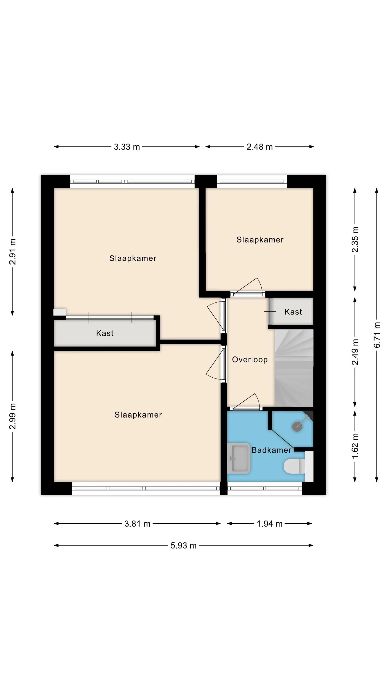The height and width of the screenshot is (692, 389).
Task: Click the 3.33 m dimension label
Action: pyautogui.click(x=127, y=147)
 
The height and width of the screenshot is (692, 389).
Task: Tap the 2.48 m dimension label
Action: pyautogui.click(x=259, y=147)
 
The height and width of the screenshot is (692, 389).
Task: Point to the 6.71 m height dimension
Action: pyautogui.click(x=377, y=335)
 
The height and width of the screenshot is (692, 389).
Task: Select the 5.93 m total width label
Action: pyautogui.click(x=184, y=546)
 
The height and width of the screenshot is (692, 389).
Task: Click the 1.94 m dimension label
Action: pyautogui.click(x=270, y=524)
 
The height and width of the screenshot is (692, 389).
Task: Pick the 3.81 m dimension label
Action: pyautogui.click(x=137, y=524)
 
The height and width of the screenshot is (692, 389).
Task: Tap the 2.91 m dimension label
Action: pyautogui.click(x=12, y=252)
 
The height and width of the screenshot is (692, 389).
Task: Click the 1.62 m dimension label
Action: pyautogui.click(x=355, y=446)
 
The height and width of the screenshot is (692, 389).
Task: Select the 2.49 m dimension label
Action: pyautogui.click(x=355, y=352)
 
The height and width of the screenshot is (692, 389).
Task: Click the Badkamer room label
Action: pyautogui.click(x=271, y=450)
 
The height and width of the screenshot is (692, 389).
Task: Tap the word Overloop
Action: pyautogui.click(x=250, y=360)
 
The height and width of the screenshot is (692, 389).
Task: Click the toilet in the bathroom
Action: pyautogui.click(x=294, y=466)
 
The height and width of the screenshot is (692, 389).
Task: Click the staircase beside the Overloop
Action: pyautogui.click(x=294, y=368)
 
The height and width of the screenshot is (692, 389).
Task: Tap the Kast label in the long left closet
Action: pyautogui.click(x=105, y=333)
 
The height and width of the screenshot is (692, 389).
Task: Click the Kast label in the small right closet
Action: pyautogui.click(x=293, y=312)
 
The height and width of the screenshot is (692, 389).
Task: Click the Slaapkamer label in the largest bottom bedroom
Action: pyautogui.click(x=138, y=415)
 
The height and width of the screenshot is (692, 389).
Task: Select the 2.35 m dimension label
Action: pyautogui.click(x=355, y=240)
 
